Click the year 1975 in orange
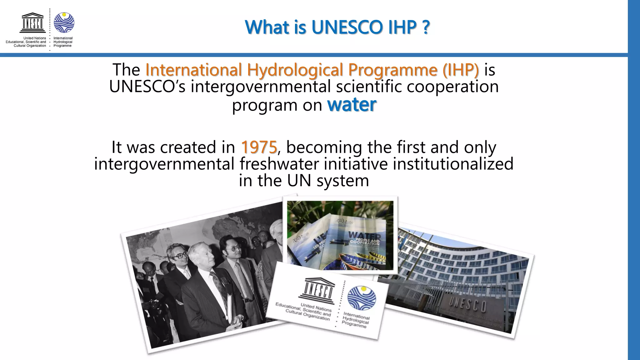click(x=259, y=147)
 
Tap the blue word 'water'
click(x=352, y=105)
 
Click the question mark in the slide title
click(x=425, y=27)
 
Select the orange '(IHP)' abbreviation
click(x=460, y=69)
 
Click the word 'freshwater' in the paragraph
click(x=280, y=164)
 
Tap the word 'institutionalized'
click(x=453, y=164)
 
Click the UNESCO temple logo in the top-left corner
click(x=32, y=22)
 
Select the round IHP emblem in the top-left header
click(x=64, y=22)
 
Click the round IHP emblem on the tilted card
click(x=362, y=298)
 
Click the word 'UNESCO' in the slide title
click(x=347, y=27)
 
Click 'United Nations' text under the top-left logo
click(x=34, y=38)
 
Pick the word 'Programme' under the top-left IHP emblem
click(x=62, y=46)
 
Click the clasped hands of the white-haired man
click(x=235, y=319)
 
